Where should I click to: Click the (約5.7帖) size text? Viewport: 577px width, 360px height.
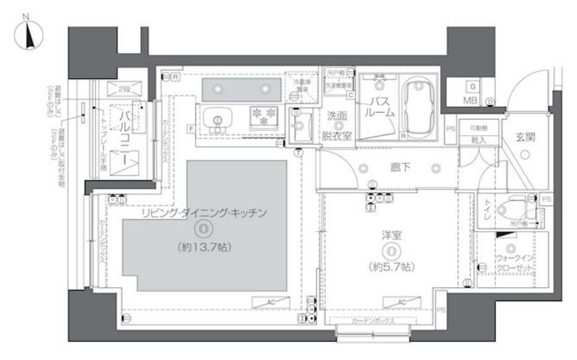click(392, 267)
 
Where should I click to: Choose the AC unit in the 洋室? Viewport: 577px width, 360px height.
click(401, 302)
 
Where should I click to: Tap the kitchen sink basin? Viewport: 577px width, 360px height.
click(218, 118)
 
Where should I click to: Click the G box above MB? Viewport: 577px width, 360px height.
click(472, 86)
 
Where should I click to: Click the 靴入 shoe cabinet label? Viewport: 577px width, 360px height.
click(478, 141)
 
